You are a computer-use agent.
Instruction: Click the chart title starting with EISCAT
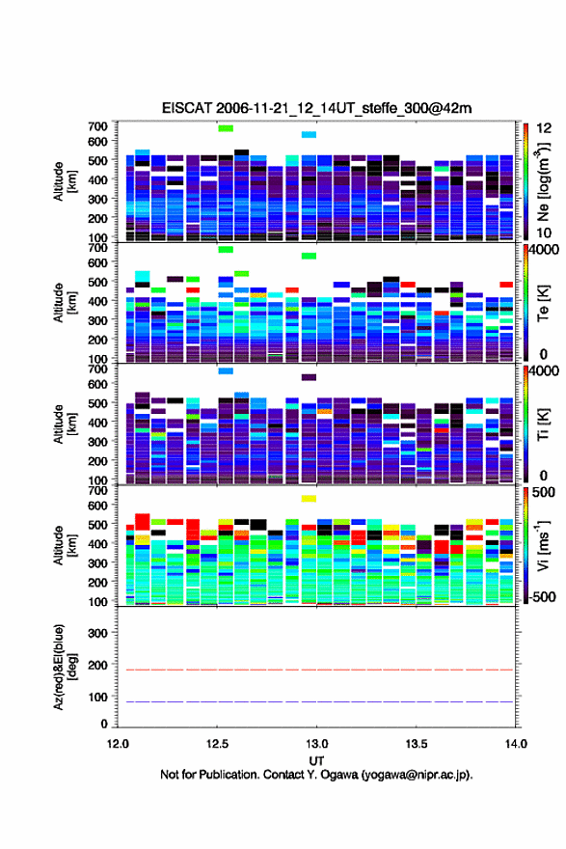tap(316, 108)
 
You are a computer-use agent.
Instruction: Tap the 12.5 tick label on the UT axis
tap(217, 744)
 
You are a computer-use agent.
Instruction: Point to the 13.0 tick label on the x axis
tap(316, 744)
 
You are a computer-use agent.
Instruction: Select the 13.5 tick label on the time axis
tap(417, 744)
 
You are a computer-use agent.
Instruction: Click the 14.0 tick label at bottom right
tap(516, 744)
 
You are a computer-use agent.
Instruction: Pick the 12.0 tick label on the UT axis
tap(118, 744)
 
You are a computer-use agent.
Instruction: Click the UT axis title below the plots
tap(316, 761)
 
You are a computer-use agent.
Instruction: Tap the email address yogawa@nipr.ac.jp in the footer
tap(416, 775)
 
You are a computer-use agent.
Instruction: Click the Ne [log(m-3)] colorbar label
tap(543, 182)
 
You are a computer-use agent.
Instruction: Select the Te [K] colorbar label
tap(543, 303)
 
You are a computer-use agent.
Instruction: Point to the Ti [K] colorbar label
tap(543, 424)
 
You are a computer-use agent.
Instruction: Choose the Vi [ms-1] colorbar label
tap(543, 546)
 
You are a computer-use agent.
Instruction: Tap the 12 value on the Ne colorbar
tap(544, 127)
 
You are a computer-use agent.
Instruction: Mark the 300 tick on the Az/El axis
tap(98, 633)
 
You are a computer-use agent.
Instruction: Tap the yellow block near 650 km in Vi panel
tap(309, 499)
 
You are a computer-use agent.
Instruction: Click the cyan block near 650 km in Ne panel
tap(309, 134)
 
